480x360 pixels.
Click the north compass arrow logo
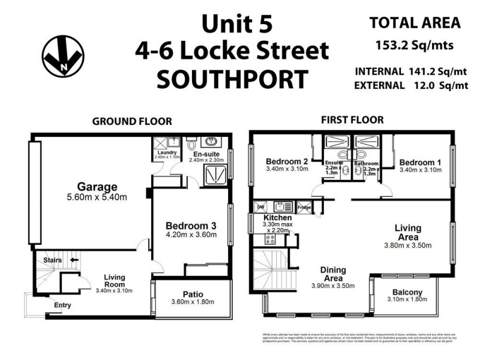[x=63, y=56]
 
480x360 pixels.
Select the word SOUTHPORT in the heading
[x=232, y=79]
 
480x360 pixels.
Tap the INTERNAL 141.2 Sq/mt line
[x=411, y=71]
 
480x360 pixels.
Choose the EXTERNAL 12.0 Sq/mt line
[x=411, y=85]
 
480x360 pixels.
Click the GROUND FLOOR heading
[x=131, y=121]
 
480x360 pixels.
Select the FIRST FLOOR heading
[x=352, y=120]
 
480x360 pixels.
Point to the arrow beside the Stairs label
[x=74, y=260]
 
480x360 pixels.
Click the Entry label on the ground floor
[x=62, y=305]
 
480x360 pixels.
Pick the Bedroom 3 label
[x=191, y=225]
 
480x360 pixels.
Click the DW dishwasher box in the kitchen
[x=260, y=207]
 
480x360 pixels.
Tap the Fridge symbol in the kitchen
[x=304, y=207]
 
